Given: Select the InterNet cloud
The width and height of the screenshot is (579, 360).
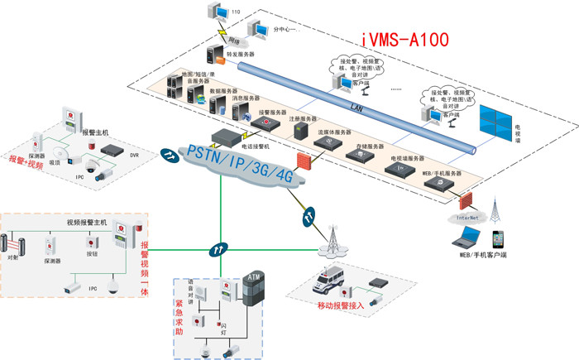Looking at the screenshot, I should click(x=462, y=217).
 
